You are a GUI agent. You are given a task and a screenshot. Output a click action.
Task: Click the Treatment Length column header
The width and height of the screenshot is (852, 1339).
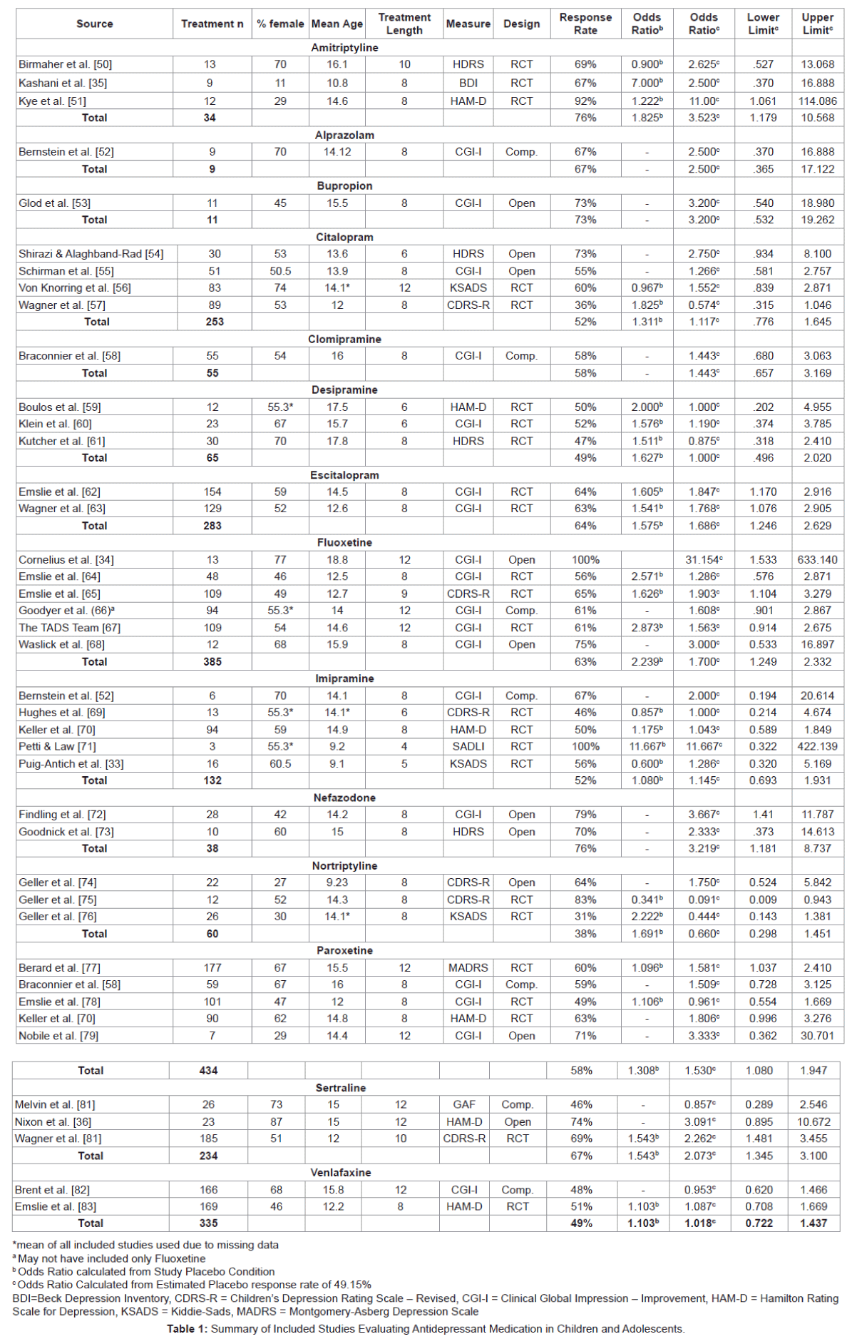coord(404,24)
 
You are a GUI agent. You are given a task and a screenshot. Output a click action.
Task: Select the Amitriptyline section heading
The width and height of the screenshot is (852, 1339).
coord(344,48)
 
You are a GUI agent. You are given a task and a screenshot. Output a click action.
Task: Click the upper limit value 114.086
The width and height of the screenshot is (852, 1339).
coord(817,101)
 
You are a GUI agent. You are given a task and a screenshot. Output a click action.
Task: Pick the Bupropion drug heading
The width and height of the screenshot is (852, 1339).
coord(344,185)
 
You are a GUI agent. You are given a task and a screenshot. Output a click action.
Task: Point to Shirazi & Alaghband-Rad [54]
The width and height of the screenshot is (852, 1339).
coord(91,254)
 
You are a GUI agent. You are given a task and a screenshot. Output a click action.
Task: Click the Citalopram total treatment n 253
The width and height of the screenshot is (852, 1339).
coord(215,322)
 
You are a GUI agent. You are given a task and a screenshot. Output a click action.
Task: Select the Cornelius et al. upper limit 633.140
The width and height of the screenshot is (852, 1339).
coord(817,560)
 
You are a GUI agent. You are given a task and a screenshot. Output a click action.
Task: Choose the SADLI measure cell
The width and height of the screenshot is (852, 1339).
coord(468,746)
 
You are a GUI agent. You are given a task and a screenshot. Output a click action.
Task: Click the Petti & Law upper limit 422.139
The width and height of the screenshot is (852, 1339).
coord(817,746)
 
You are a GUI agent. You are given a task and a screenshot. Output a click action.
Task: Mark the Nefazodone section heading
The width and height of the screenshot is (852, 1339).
coord(344,798)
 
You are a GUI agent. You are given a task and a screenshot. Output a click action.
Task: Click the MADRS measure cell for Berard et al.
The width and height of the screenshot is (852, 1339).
coord(468,968)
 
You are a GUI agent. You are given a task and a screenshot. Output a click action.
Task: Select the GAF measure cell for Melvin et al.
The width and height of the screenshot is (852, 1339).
coord(464,1104)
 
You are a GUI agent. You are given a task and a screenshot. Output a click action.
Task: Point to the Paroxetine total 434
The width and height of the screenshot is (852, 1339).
coord(208,1071)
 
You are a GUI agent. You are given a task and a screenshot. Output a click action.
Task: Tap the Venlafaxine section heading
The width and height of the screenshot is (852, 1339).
coord(340,1172)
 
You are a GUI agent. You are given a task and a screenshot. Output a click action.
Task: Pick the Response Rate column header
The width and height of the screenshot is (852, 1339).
coord(585,24)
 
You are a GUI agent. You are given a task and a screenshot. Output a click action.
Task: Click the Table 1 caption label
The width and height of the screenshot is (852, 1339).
coord(188,1328)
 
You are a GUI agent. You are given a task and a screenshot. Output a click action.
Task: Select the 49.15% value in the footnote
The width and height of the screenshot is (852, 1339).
coord(349,1284)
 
